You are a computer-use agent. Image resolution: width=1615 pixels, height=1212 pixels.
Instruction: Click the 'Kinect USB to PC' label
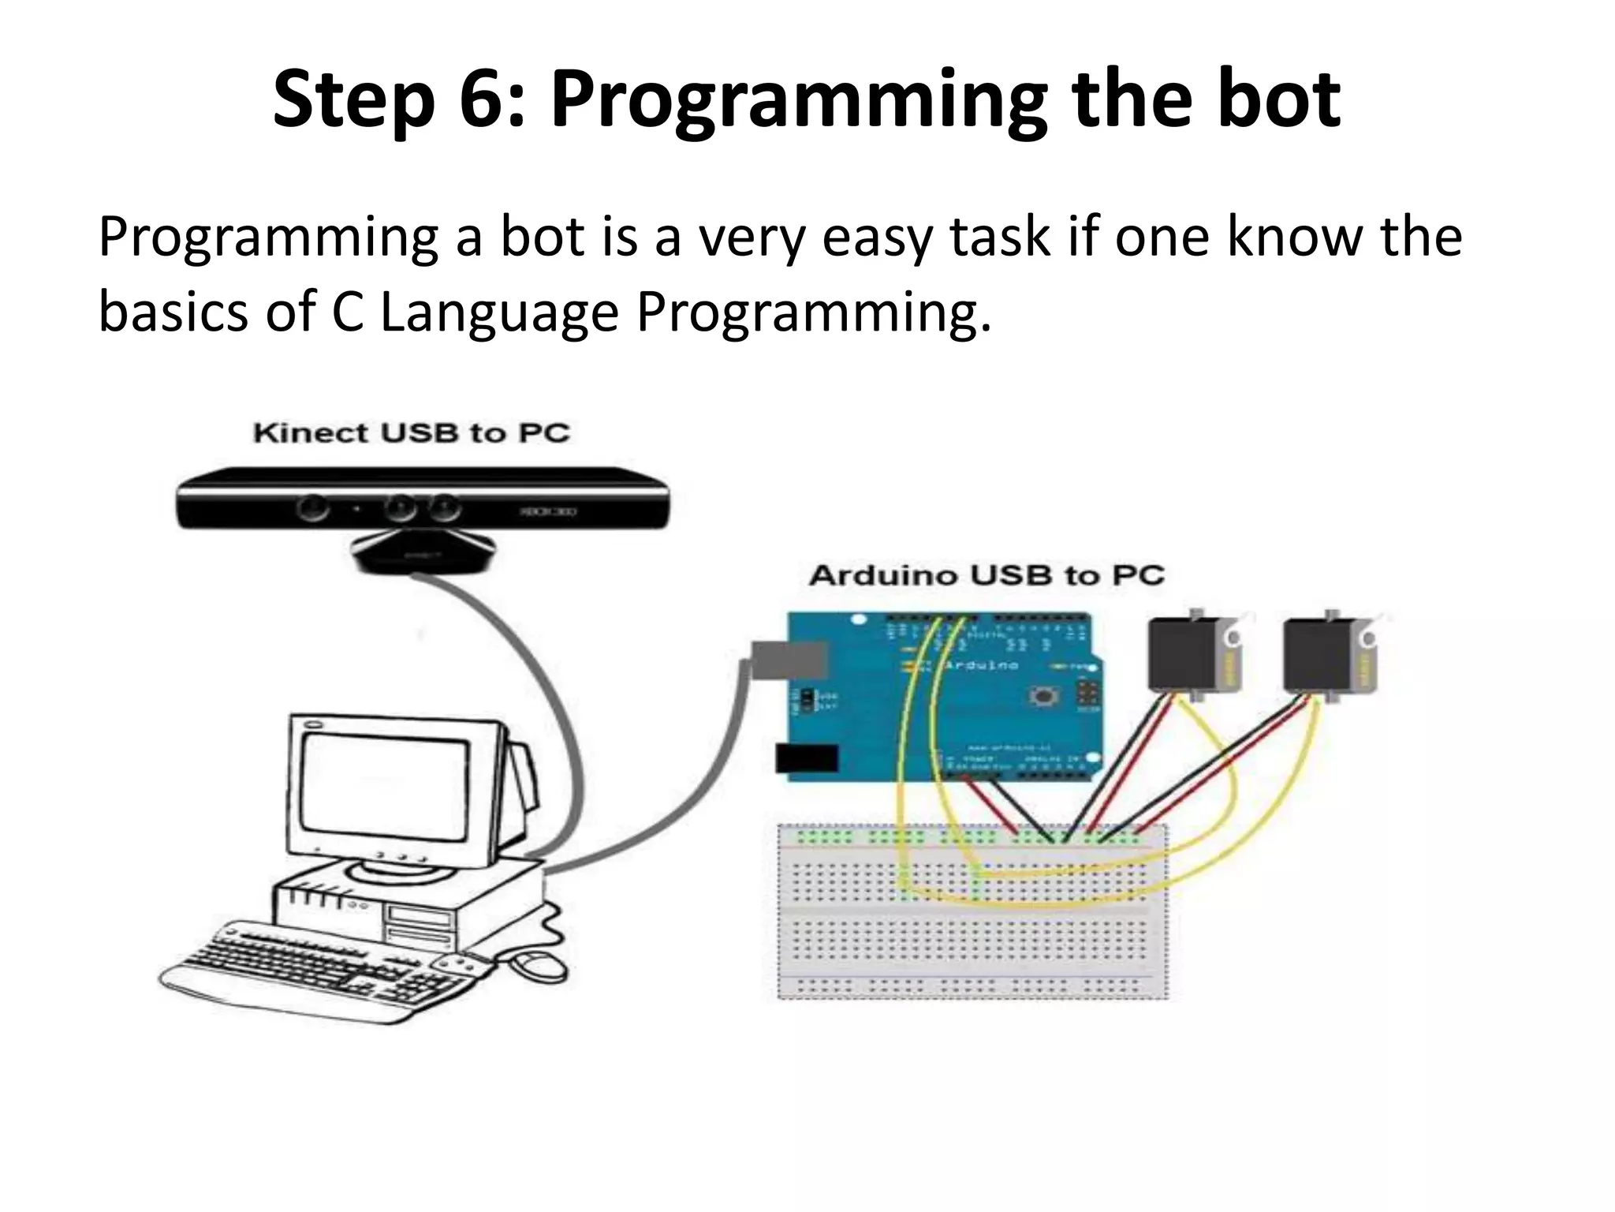(411, 433)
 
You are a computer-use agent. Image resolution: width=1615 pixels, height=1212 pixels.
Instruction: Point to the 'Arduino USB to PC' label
(987, 575)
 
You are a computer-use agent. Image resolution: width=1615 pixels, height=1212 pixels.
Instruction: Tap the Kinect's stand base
(423, 552)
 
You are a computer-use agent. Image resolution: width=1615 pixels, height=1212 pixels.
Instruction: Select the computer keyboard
(315, 971)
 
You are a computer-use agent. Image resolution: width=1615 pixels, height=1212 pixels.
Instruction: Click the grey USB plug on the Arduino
(789, 660)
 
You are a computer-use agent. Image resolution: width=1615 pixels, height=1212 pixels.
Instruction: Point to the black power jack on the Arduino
(806, 758)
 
